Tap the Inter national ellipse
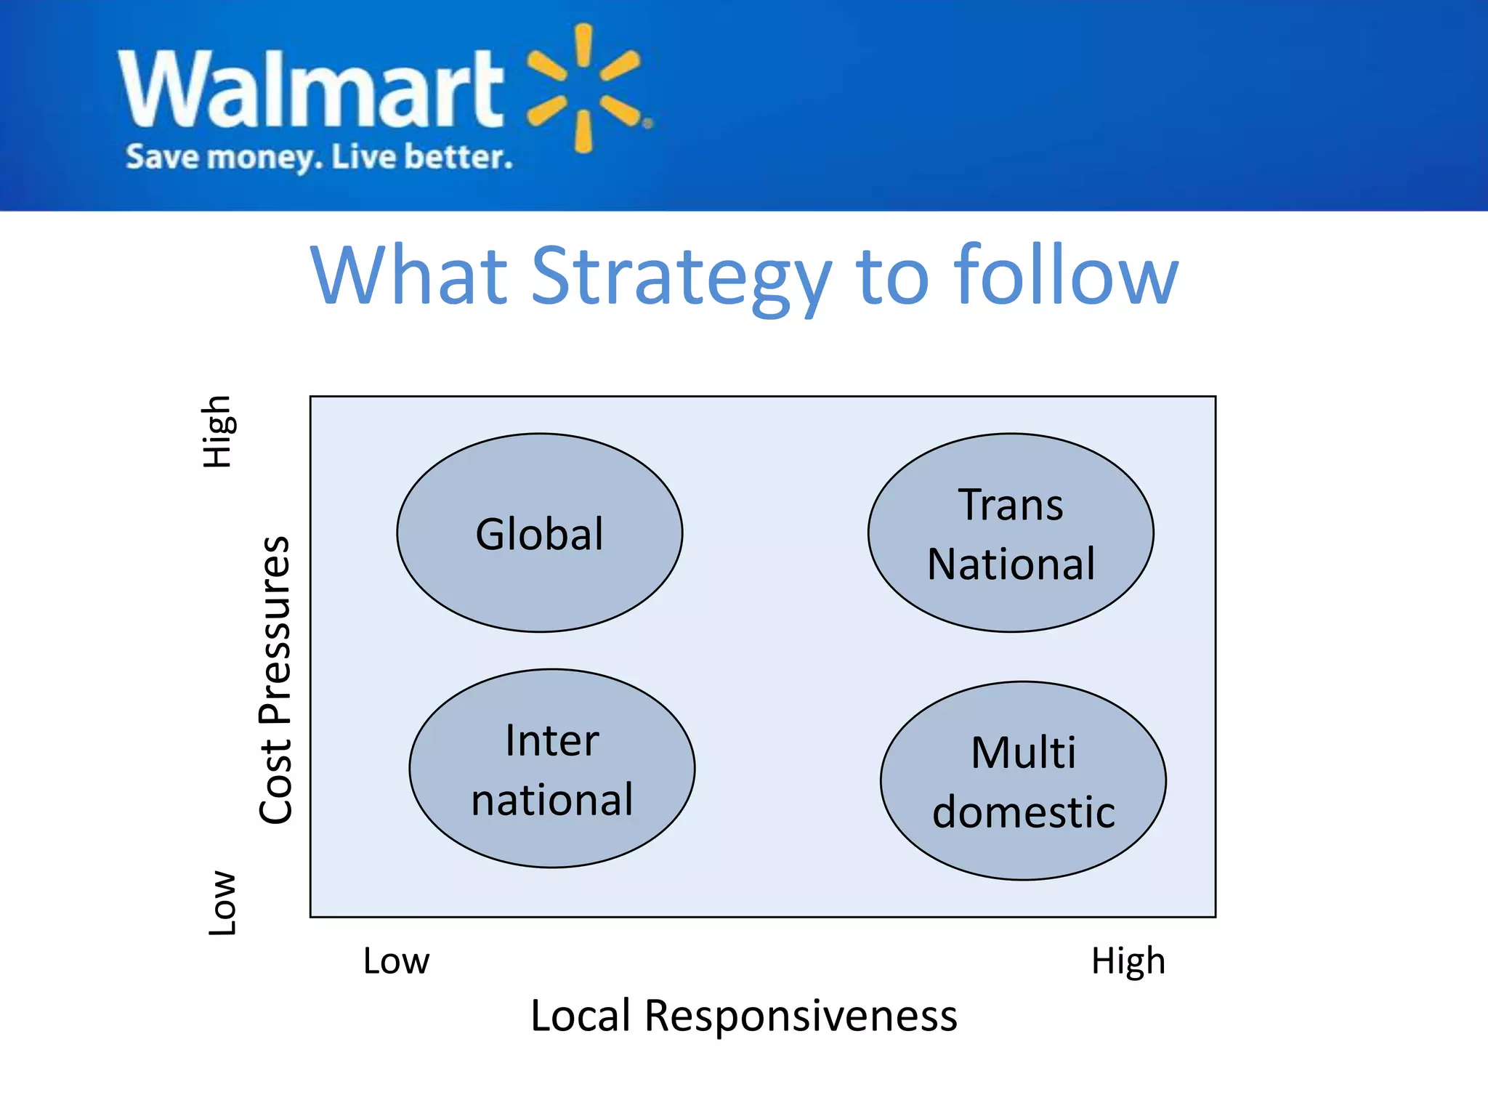(551, 769)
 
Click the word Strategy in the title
(681, 276)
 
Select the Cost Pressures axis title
(276, 680)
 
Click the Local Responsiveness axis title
(743, 1015)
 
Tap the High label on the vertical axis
(217, 432)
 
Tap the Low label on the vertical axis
(222, 902)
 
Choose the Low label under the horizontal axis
(396, 961)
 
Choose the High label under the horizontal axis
(1128, 961)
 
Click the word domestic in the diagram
(1023, 812)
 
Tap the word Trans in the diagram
(1010, 504)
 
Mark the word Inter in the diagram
(551, 740)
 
